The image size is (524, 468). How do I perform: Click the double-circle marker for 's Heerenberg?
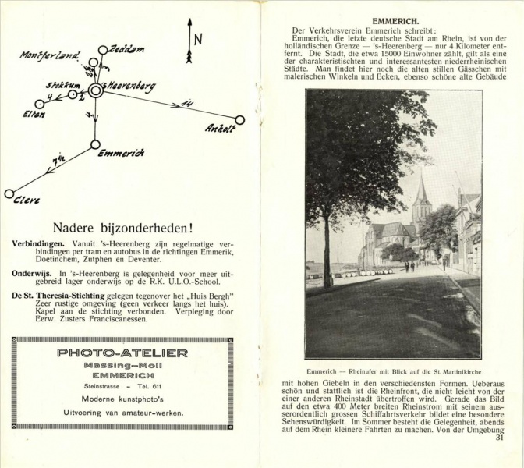(x=95, y=90)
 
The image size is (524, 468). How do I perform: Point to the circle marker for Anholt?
(x=239, y=119)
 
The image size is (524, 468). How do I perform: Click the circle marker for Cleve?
(x=9, y=193)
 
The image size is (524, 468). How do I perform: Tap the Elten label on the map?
(x=34, y=115)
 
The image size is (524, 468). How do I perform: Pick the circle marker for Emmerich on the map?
(x=95, y=144)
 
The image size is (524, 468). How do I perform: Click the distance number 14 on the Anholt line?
(x=186, y=104)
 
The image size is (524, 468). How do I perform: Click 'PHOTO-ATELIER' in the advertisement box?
(x=122, y=353)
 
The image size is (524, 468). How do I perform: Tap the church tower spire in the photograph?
(x=422, y=187)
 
